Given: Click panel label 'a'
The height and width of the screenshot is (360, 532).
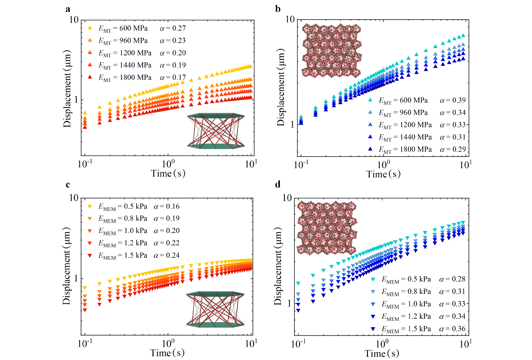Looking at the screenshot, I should pos(68,9).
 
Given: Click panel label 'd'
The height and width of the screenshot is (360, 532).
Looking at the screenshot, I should pos(278,184).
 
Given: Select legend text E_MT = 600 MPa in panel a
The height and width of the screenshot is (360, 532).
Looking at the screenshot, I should pos(123,28).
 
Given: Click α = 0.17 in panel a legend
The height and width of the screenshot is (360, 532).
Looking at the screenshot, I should pos(173,78).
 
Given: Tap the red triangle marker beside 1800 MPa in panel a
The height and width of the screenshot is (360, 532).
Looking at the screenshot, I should pos(90,77).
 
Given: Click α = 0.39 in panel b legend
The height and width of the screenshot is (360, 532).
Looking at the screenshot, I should pos(453,100).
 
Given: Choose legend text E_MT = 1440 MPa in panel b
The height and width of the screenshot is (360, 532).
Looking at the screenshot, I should pos(405,137).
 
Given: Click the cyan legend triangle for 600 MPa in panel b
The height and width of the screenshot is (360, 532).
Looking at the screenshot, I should pos(370,100).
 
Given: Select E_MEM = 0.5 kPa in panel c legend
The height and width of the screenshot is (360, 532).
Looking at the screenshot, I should pos(123,207).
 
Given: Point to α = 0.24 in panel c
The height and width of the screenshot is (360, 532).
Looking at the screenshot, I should pos(167,256).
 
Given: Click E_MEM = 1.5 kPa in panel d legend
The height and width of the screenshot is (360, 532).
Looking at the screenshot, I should pos(406,329).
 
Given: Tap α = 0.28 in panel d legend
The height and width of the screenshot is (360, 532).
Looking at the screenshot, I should pos(452,279).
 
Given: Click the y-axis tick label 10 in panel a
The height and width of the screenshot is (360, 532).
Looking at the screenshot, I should pos(74,20).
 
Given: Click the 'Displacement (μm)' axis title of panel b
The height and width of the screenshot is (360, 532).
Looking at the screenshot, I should pos(281,88).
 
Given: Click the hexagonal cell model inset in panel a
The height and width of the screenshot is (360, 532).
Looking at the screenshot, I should pos(216,131).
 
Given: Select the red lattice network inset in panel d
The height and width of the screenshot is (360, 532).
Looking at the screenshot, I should pos(327,228).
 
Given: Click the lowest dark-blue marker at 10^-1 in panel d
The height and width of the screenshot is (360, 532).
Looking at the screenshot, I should pos(298,311).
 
